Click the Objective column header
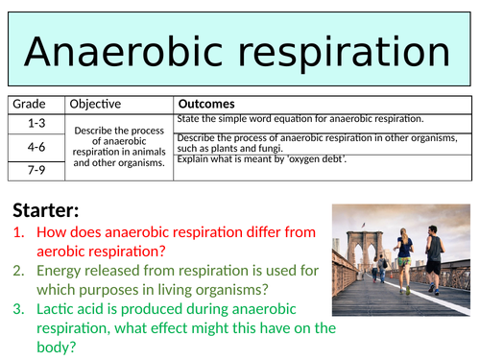pyautogui.click(x=95, y=104)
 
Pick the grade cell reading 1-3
pyautogui.click(x=36, y=123)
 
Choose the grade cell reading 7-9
pyautogui.click(x=36, y=169)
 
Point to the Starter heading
pyautogui.click(x=48, y=210)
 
